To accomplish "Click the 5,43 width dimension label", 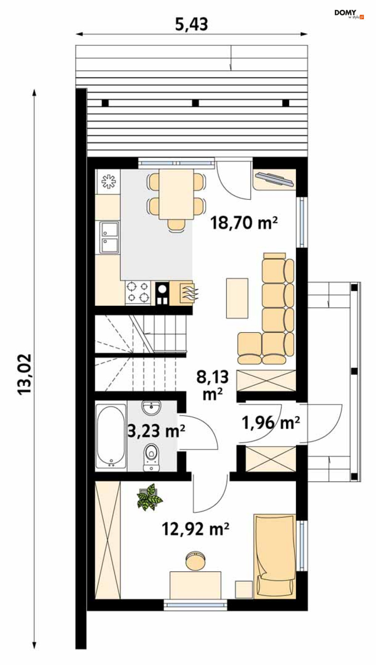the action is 192,24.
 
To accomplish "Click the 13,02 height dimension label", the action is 25,374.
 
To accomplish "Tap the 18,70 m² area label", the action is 244,223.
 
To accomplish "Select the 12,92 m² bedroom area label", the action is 195,529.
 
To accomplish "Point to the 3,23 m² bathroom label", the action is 156,430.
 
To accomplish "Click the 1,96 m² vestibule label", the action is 271,423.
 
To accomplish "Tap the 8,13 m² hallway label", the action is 213,385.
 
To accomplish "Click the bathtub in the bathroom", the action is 111,436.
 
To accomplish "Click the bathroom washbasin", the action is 152,407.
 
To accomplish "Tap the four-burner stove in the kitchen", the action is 138,292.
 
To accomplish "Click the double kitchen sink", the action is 109,237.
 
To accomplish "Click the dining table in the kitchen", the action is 176,194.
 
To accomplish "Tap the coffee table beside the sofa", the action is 237,298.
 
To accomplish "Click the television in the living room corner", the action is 275,179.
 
